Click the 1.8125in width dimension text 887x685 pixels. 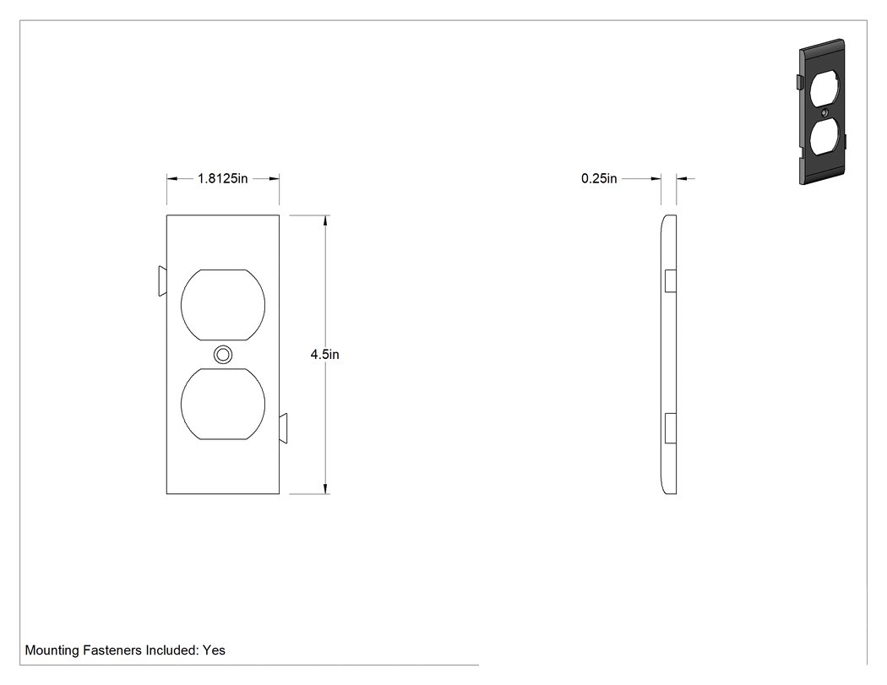(222, 179)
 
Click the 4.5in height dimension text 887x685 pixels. (324, 355)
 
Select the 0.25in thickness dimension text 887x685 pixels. (599, 179)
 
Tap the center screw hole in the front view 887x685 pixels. (223, 355)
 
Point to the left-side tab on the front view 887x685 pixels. (162, 281)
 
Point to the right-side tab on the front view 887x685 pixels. (283, 428)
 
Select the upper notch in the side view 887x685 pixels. (671, 281)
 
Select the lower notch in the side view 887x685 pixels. (671, 428)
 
